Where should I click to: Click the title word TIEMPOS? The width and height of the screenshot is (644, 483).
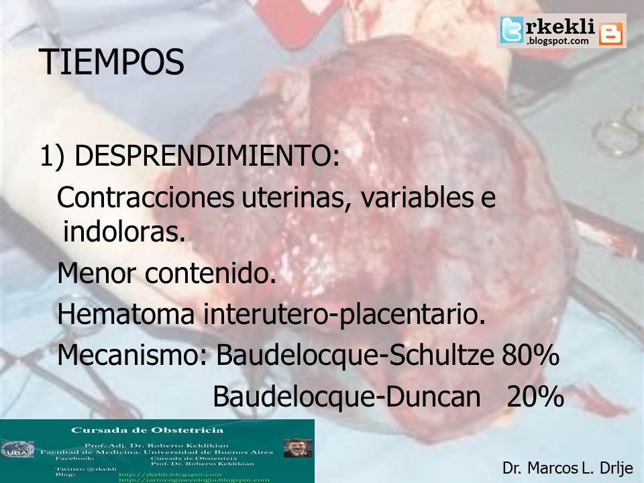tap(111, 62)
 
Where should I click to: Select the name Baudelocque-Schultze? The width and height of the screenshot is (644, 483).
tap(356, 356)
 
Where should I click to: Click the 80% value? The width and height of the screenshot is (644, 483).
tap(530, 356)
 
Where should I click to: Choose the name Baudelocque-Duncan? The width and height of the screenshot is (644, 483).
tap(346, 397)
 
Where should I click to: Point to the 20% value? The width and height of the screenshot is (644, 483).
tap(535, 397)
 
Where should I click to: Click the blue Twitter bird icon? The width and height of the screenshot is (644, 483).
tap(512, 30)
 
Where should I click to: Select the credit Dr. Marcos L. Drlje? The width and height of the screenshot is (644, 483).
tap(567, 468)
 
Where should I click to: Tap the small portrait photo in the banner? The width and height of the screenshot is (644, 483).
tap(298, 447)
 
